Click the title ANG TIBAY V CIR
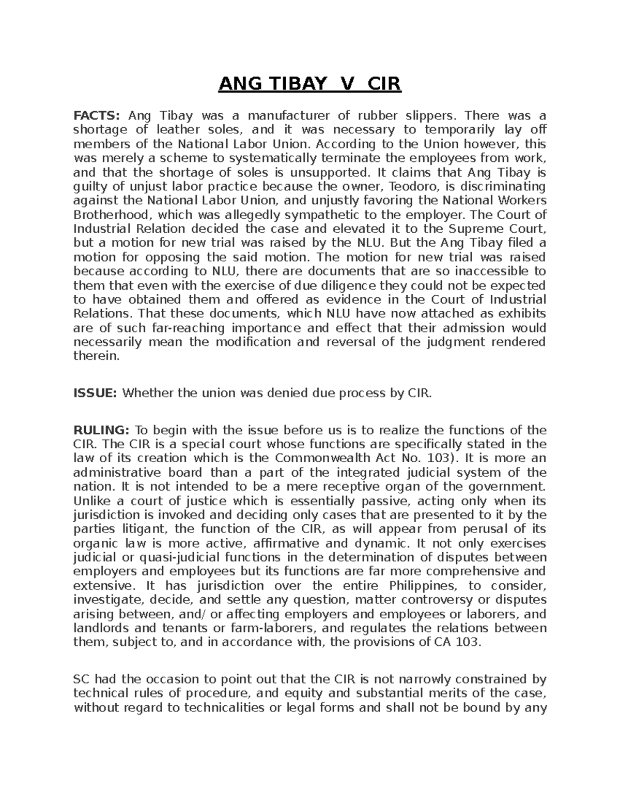point(309,84)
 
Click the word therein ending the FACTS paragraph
point(96,356)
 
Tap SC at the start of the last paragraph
point(82,679)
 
